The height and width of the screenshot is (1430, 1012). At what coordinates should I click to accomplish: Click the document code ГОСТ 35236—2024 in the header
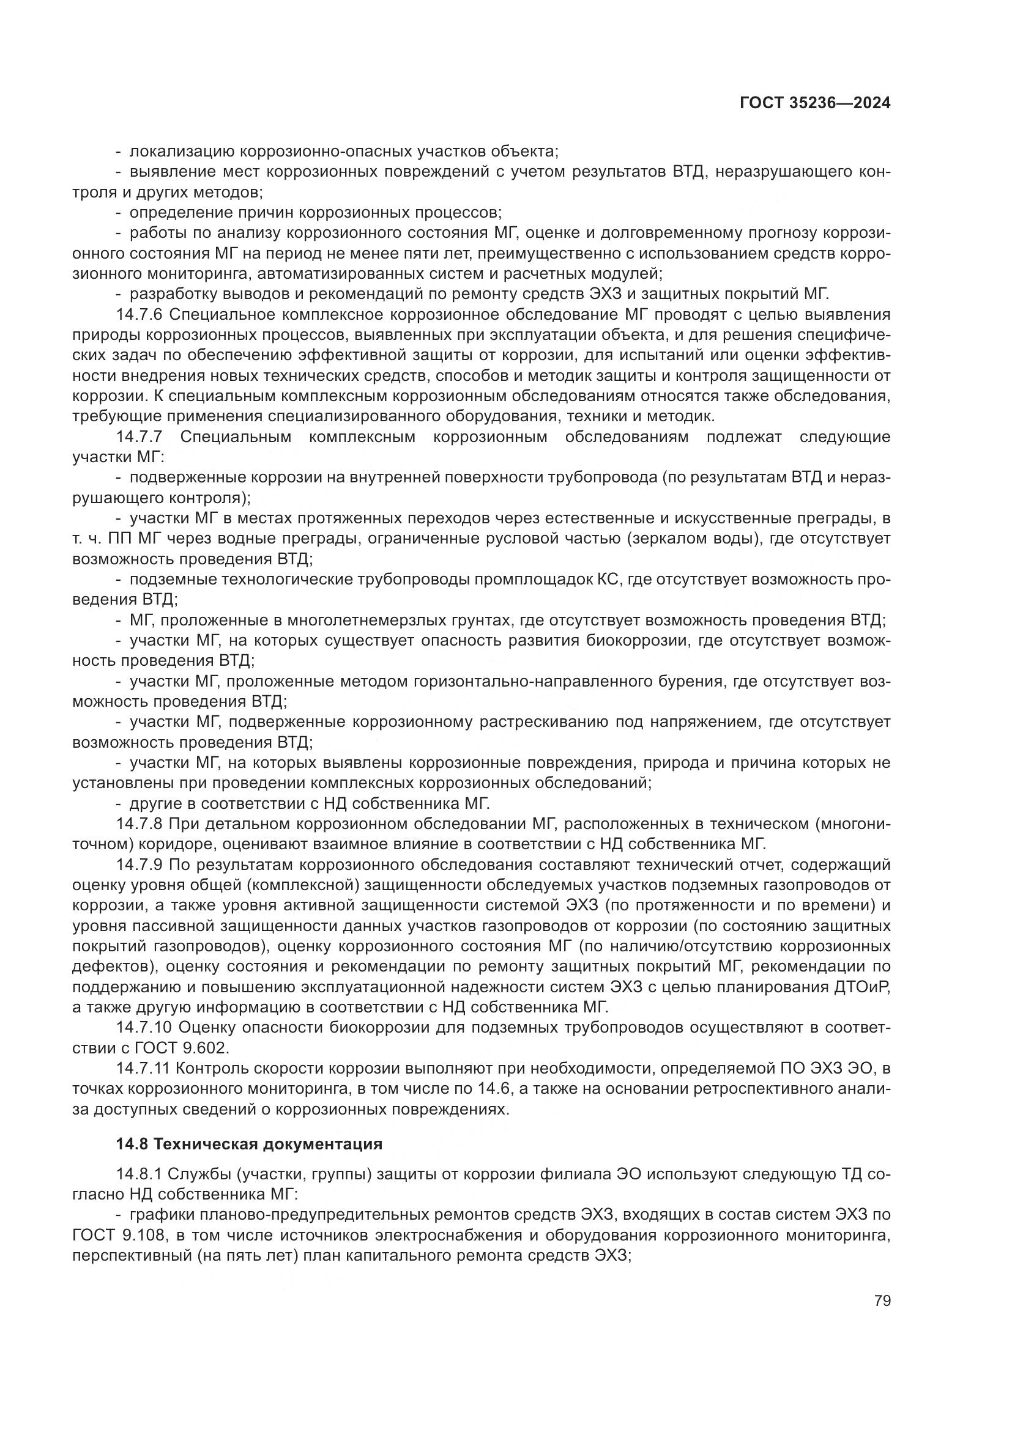coord(814,103)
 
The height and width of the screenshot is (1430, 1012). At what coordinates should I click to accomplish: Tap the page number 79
coord(882,1300)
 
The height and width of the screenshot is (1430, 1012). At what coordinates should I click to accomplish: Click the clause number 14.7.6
coord(139,314)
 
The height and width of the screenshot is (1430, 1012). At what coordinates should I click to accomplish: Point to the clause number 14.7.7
coord(139,437)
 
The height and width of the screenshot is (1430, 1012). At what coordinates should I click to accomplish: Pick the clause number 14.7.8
coord(139,824)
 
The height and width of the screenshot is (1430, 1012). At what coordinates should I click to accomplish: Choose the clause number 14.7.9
coord(139,865)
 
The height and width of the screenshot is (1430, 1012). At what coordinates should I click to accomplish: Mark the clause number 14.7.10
coord(143,1028)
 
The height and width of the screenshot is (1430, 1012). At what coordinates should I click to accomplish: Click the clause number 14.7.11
coord(143,1069)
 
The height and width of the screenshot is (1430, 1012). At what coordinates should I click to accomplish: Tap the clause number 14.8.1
coord(139,1174)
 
